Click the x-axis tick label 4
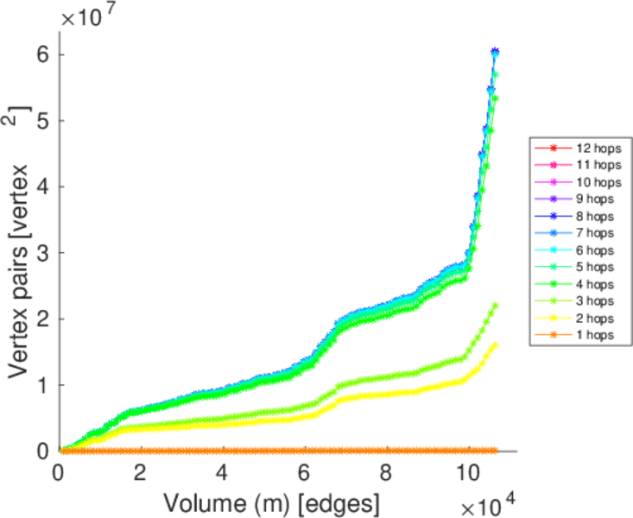coord(223,474)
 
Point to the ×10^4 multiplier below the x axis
coord(489,502)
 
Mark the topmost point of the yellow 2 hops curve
coord(495,344)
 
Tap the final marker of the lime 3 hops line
coord(495,305)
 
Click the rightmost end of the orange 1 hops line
coord(495,451)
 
